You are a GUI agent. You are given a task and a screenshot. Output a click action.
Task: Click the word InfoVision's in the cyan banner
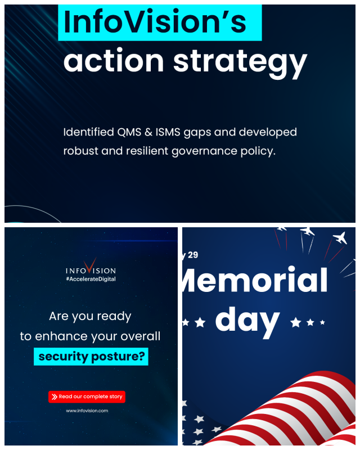click(x=155, y=22)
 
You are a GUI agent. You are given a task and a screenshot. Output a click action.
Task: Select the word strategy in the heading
click(x=240, y=64)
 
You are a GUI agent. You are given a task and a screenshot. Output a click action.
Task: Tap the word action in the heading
click(x=114, y=60)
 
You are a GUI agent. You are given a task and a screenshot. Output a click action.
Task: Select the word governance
click(x=204, y=151)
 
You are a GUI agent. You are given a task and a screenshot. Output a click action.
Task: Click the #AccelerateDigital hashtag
click(x=91, y=279)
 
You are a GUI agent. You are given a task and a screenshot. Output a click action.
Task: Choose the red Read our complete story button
click(x=87, y=397)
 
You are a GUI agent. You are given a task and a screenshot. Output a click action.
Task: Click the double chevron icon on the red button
click(x=54, y=397)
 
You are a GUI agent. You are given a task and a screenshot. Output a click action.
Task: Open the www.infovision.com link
click(x=87, y=411)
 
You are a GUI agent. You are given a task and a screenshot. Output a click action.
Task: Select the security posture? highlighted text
click(x=91, y=357)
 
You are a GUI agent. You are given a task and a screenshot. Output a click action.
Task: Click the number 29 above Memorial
click(x=193, y=255)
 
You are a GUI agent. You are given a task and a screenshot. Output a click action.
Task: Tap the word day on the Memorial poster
click(x=247, y=321)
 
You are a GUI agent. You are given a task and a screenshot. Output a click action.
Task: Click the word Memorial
click(x=255, y=279)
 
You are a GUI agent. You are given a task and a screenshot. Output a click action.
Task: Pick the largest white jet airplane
click(x=340, y=238)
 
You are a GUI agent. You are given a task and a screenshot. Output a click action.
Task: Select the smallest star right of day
click(x=322, y=322)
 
